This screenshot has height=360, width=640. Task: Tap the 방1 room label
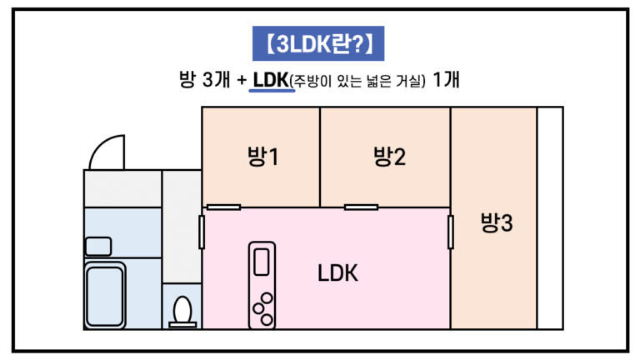pyautogui.click(x=262, y=156)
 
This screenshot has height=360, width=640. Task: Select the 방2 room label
pyautogui.click(x=389, y=156)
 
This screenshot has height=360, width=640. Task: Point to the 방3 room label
pyautogui.click(x=497, y=222)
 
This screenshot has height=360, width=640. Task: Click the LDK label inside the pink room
pyautogui.click(x=337, y=272)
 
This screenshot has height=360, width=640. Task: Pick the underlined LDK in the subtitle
pyautogui.click(x=271, y=81)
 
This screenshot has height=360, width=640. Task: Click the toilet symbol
pyautogui.click(x=182, y=311)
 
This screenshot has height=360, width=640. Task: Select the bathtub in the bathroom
pyautogui.click(x=106, y=293)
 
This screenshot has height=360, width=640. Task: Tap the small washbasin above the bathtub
pyautogui.click(x=97, y=246)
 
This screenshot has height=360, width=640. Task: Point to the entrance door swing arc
pyautogui.click(x=106, y=152)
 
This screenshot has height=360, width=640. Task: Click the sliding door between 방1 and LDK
pyautogui.click(x=223, y=207)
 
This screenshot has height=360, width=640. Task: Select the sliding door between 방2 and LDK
pyautogui.click(x=362, y=207)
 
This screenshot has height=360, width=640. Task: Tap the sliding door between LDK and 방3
pyautogui.click(x=451, y=232)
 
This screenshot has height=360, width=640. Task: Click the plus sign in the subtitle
pyautogui.click(x=241, y=81)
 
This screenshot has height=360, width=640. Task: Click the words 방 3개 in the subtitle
pyautogui.click(x=206, y=81)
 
